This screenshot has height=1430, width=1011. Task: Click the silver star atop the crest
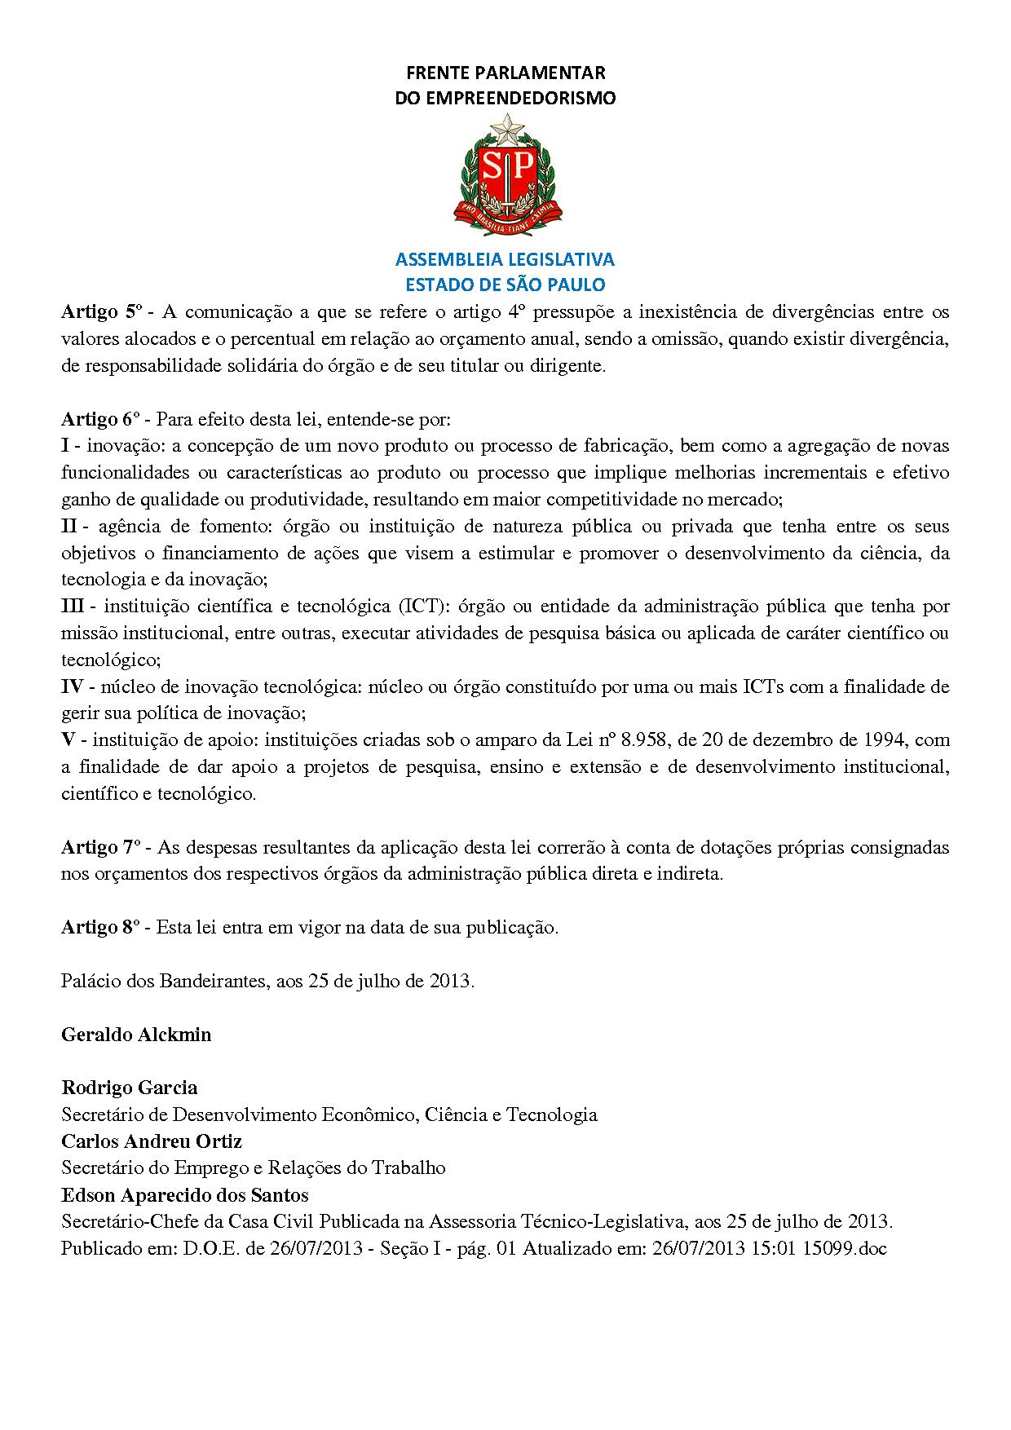pos(506,126)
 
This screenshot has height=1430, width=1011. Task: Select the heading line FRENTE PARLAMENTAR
pos(505,73)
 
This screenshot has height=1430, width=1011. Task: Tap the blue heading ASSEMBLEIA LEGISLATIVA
pos(505,259)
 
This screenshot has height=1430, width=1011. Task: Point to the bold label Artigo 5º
pos(101,311)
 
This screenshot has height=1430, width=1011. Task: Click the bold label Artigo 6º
pos(101,419)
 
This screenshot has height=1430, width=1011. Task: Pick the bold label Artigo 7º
pos(101,847)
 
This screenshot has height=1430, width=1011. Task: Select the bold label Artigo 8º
pos(101,927)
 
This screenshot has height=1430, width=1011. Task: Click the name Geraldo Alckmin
pos(136,1035)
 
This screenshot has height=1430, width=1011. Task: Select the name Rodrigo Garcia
pos(129,1088)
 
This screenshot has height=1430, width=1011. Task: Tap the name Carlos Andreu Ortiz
pos(152,1141)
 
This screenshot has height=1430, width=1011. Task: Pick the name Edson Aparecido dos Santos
pos(185,1195)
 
